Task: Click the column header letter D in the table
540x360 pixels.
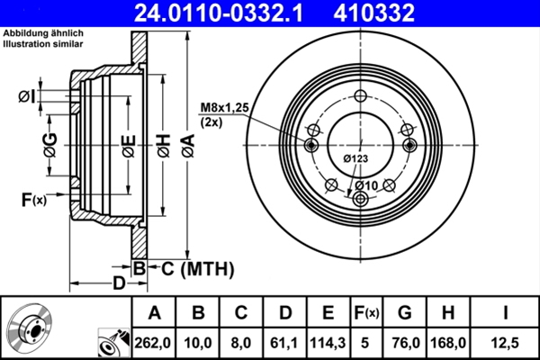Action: (285, 312)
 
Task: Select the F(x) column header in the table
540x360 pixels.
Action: (366, 312)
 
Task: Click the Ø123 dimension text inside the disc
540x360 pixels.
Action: (355, 159)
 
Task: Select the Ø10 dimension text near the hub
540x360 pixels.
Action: (364, 185)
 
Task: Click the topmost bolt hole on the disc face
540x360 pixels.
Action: (359, 97)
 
